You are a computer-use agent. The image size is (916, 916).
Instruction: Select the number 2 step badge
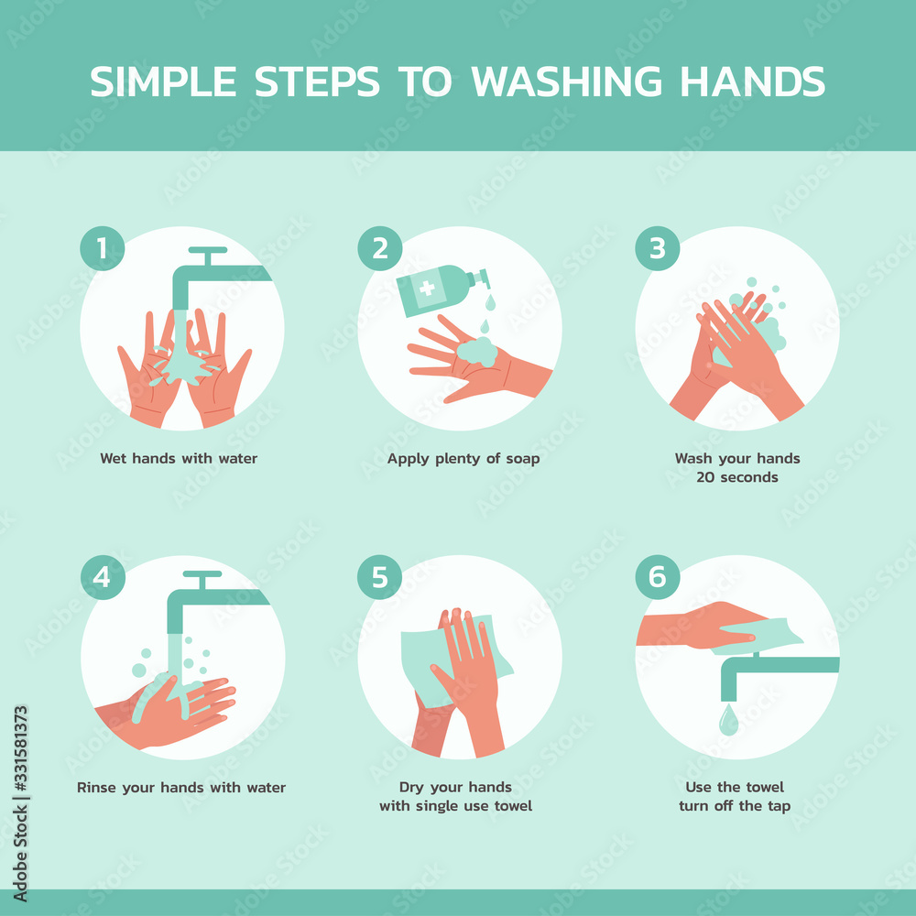tap(379, 248)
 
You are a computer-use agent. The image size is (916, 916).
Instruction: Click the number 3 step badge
tap(658, 248)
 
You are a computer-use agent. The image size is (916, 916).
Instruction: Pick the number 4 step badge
tap(102, 577)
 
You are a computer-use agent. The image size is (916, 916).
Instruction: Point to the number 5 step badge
tap(379, 577)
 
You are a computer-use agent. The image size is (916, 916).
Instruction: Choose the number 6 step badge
tap(658, 577)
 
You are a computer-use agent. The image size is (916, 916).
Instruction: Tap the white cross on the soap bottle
tap(427, 290)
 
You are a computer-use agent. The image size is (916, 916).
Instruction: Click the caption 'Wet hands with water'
tap(179, 458)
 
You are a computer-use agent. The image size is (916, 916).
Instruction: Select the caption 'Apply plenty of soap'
tap(463, 458)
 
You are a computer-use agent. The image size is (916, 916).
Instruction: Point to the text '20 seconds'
tap(737, 477)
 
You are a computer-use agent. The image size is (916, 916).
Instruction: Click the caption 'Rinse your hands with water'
tap(181, 787)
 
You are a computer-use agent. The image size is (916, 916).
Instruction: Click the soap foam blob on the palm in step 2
tap(475, 350)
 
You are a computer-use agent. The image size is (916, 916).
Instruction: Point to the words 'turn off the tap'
tap(735, 806)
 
